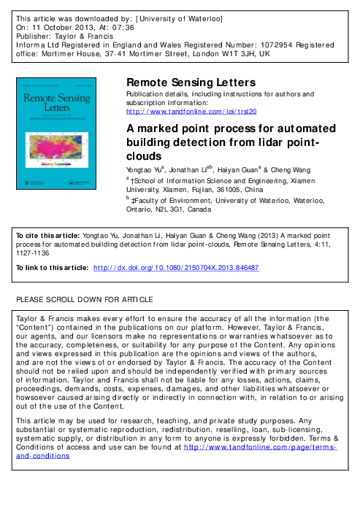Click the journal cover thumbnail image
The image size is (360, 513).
tap(66, 144)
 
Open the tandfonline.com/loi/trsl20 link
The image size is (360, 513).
tap(191, 112)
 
